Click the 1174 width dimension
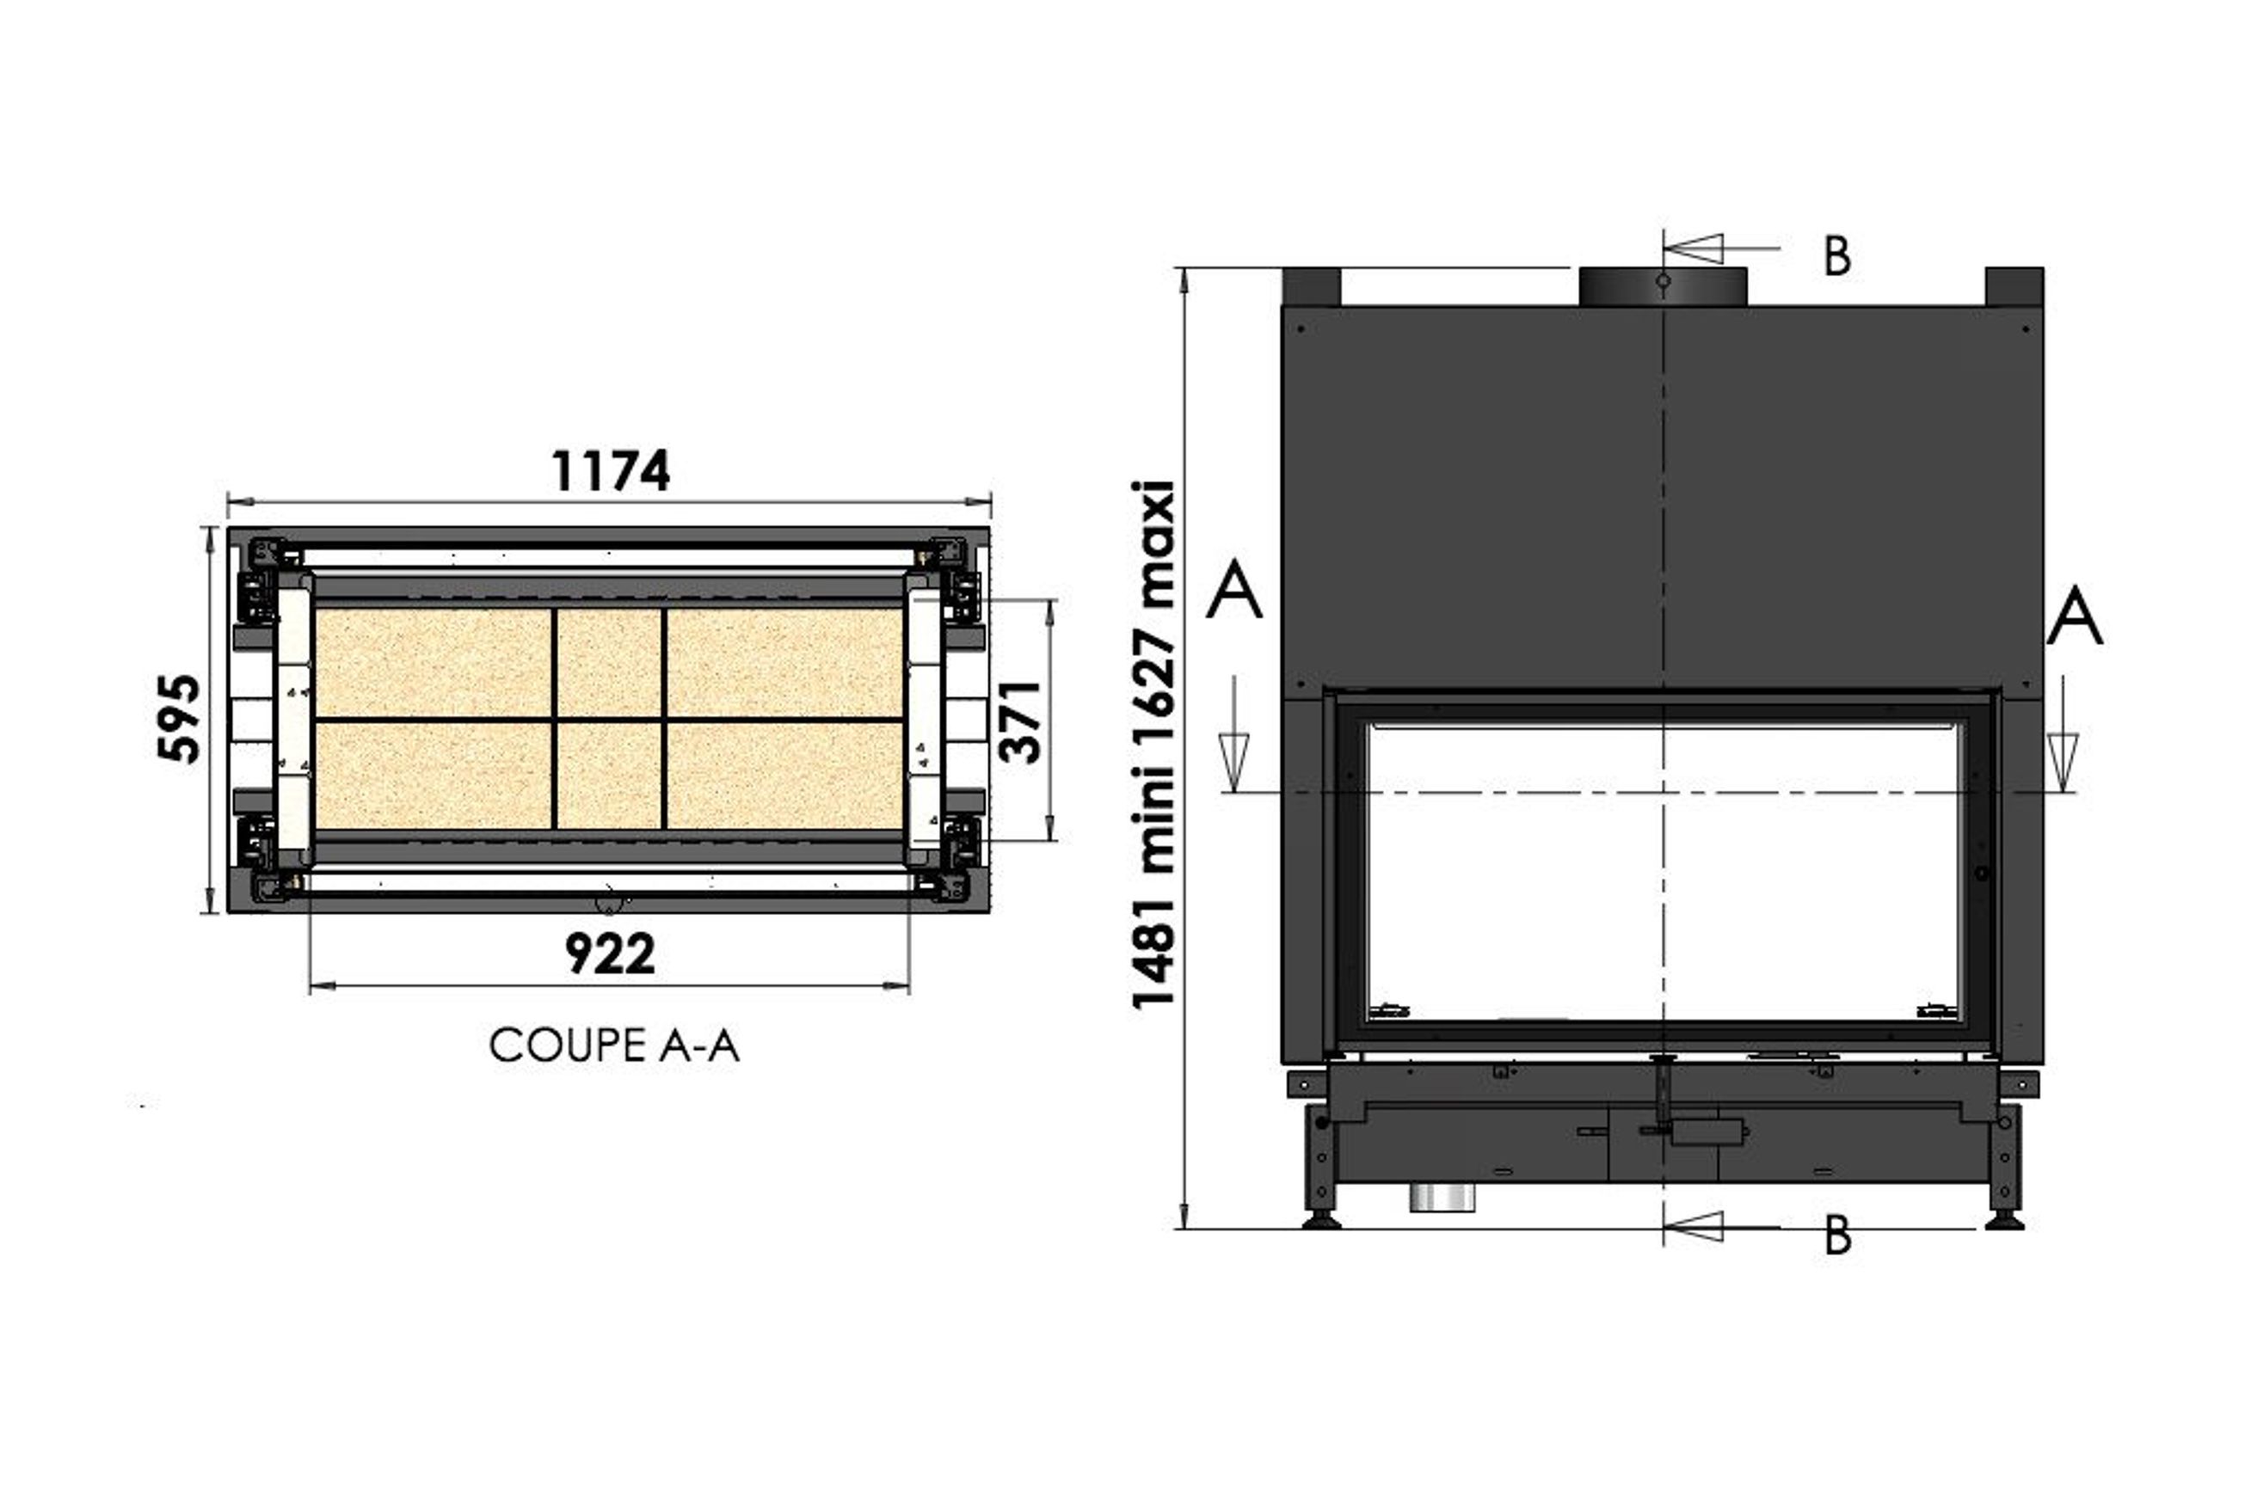point(611,470)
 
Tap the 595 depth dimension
point(180,720)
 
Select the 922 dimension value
point(610,953)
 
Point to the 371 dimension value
point(1019,721)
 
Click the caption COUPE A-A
point(614,1045)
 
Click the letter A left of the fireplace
point(1234,590)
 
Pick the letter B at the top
point(1837,255)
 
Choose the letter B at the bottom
point(1837,1235)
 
